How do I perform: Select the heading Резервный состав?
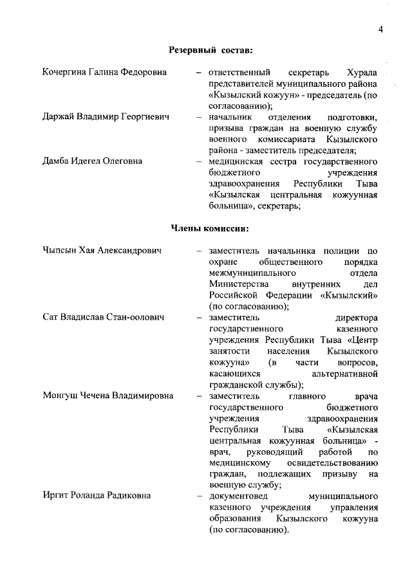click(210, 50)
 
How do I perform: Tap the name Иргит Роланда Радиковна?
click(96, 497)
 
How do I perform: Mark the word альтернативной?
click(344, 374)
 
